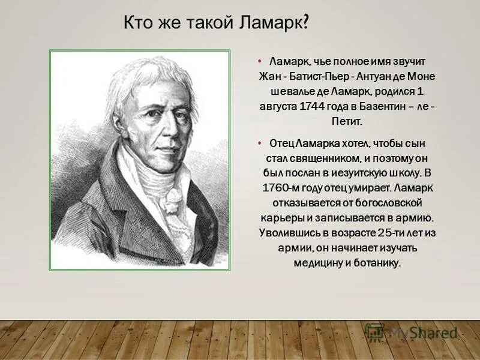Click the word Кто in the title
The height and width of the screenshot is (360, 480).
[x=137, y=24]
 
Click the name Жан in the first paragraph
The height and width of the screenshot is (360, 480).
[x=268, y=77]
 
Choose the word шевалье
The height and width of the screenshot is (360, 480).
[x=288, y=92]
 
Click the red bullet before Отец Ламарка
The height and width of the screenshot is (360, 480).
[x=259, y=144]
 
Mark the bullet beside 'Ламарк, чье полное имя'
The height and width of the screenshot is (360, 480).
[x=259, y=62]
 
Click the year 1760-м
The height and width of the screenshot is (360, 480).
[x=283, y=188]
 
